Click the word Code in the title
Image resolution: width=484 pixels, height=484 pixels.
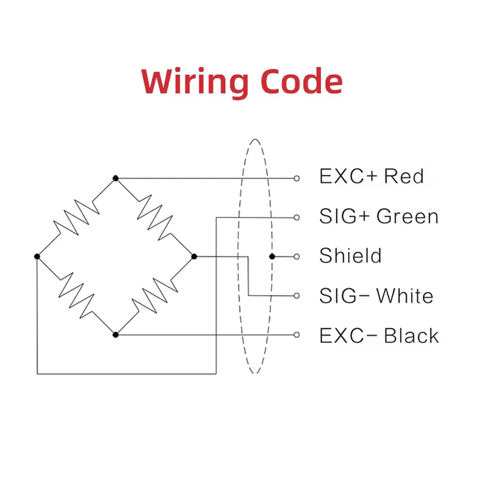301,82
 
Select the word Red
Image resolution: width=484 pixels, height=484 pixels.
404,177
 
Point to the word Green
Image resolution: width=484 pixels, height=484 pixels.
407,216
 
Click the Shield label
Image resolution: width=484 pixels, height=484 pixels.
350,255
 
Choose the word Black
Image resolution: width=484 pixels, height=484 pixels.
411,335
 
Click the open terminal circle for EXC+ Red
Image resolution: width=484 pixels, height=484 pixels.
296,178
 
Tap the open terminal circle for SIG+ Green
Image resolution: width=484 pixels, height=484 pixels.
296,217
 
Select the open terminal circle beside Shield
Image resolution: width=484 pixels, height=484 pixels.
296,257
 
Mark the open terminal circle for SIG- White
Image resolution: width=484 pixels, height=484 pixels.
296,296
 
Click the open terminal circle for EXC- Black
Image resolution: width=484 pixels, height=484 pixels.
296,335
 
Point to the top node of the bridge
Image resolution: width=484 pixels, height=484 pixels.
116,178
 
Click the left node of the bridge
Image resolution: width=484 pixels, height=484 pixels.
38,257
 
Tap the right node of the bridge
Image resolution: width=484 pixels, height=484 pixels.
194,257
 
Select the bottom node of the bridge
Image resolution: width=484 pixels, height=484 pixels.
116,335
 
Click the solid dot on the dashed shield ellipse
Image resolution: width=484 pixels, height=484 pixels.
272,257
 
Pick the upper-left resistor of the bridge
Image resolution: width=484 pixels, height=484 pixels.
76,217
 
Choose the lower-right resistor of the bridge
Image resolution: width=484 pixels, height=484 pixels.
155,296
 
